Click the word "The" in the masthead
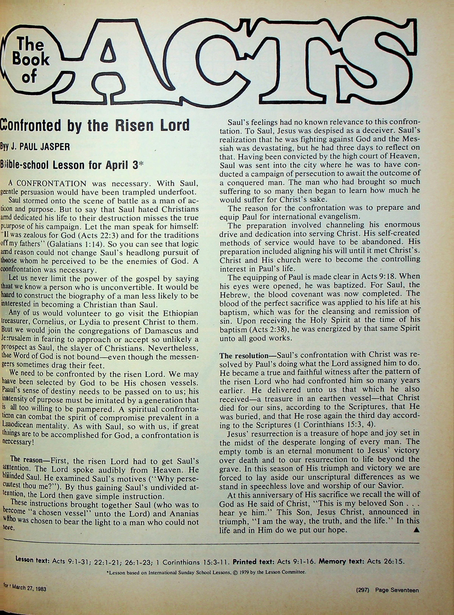click(x=30, y=45)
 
